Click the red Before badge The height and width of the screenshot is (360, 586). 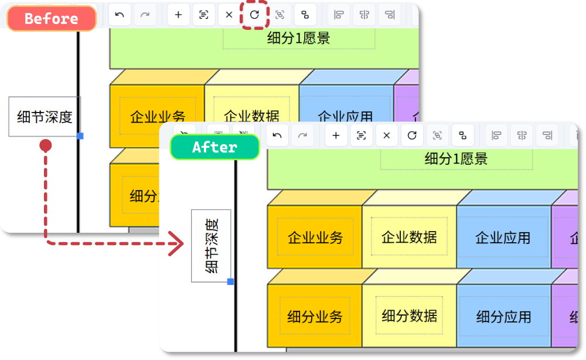click(x=51, y=18)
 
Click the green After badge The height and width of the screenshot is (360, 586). click(x=214, y=147)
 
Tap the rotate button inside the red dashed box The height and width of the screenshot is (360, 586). click(x=254, y=15)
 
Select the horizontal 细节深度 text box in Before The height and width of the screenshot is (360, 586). click(x=45, y=117)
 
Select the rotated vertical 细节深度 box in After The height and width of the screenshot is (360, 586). click(x=211, y=246)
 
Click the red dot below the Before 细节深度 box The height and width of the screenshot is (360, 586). click(x=45, y=145)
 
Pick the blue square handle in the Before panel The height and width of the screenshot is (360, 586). click(x=80, y=136)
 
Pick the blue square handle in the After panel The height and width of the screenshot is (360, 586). click(x=230, y=281)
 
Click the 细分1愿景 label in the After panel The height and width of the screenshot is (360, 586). click(x=456, y=158)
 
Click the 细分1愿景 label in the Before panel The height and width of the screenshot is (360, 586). click(x=298, y=39)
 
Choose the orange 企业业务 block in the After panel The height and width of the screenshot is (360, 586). click(x=315, y=237)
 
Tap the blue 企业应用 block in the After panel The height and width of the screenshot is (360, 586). click(x=503, y=237)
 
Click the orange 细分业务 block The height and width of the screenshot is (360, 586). click(x=315, y=317)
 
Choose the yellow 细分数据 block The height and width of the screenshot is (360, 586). click(x=409, y=316)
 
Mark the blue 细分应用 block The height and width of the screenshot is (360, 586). click(x=503, y=317)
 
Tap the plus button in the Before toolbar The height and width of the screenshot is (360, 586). click(x=178, y=15)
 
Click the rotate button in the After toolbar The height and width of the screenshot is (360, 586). click(x=412, y=135)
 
